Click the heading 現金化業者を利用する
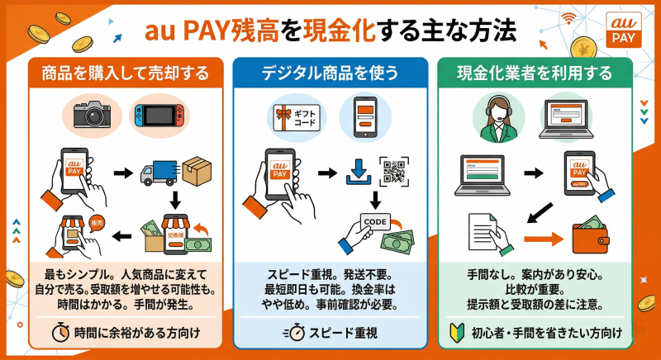pyautogui.click(x=541, y=73)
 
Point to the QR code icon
pyautogui.click(x=395, y=172)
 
